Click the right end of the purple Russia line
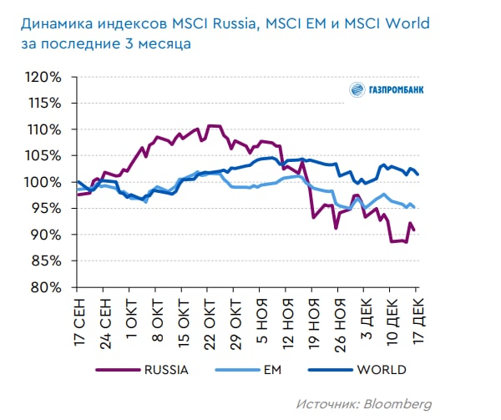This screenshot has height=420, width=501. (x=415, y=230)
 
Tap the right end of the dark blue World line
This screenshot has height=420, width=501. (x=417, y=175)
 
